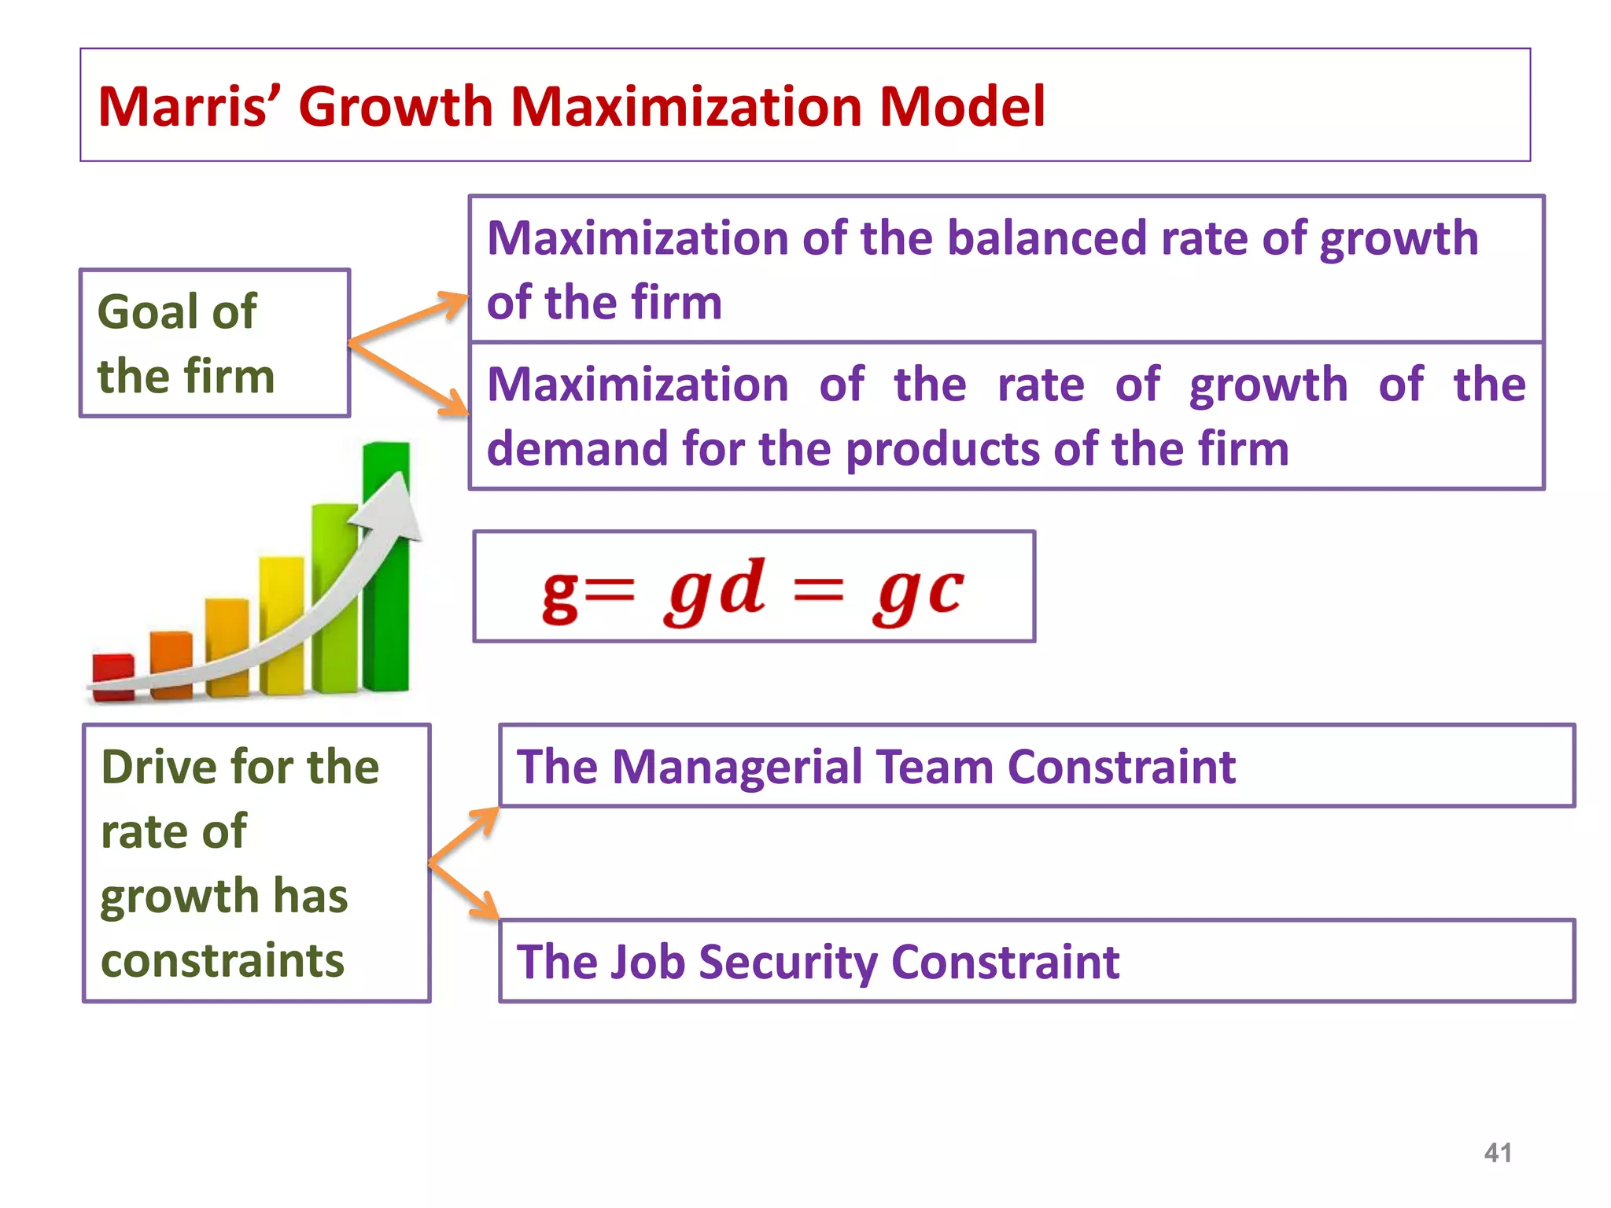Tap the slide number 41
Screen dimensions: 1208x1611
(x=1497, y=1153)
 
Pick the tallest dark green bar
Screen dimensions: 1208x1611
(x=386, y=566)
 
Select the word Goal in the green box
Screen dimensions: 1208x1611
(x=148, y=311)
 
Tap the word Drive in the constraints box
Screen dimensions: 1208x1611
(x=158, y=767)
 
